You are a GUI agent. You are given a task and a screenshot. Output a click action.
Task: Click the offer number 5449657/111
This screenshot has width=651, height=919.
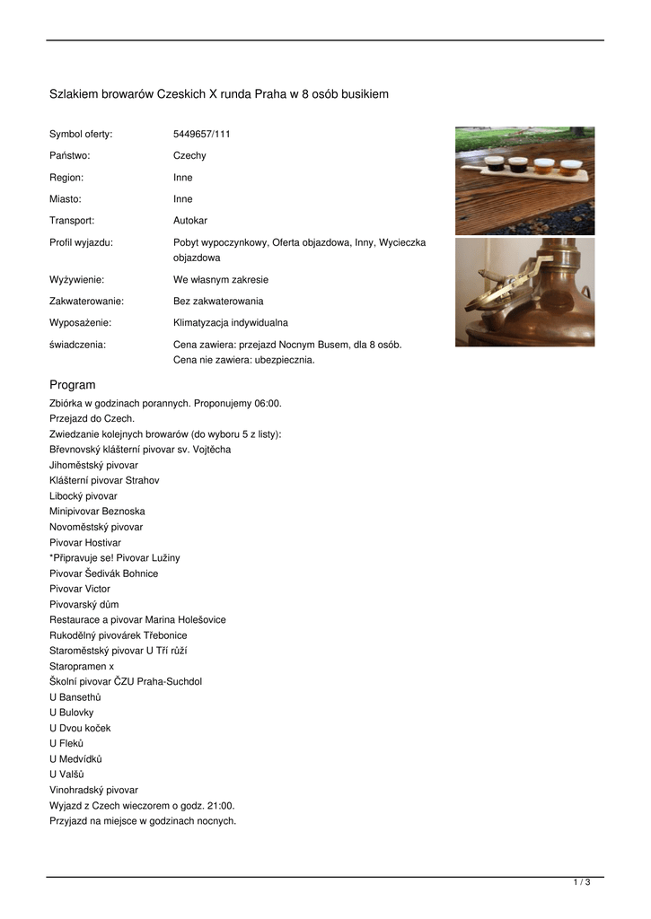pos(201,134)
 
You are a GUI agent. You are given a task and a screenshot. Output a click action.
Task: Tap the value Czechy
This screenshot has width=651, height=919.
pos(189,155)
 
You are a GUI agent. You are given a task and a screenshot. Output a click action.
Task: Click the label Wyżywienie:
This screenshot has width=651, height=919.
pos(76,279)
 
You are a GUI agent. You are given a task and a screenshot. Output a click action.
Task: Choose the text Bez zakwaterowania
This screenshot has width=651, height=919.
pos(218,301)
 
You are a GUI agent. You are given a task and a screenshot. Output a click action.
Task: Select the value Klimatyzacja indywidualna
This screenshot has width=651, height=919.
pos(230,322)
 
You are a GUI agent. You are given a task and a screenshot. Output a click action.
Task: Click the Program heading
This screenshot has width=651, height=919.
pos(72,385)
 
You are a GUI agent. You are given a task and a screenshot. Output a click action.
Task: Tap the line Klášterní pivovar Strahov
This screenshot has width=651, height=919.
pos(104,480)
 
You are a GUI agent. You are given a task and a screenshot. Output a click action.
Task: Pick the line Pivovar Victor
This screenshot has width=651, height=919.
pos(80,589)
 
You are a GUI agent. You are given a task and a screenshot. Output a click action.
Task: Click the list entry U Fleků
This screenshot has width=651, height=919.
pos(66,743)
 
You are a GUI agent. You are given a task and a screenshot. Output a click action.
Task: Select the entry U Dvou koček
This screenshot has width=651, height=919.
pos(80,728)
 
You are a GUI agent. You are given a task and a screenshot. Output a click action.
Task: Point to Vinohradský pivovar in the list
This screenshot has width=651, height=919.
pos(93,790)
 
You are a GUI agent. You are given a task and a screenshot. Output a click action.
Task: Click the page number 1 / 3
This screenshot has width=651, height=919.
pos(581,883)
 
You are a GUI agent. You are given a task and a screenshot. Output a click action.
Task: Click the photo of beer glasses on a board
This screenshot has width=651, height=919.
pos(524,180)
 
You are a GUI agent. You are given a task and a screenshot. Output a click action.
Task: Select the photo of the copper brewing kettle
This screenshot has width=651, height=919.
pos(524,292)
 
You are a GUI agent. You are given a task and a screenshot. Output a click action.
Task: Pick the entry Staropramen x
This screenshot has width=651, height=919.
pos(82,666)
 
